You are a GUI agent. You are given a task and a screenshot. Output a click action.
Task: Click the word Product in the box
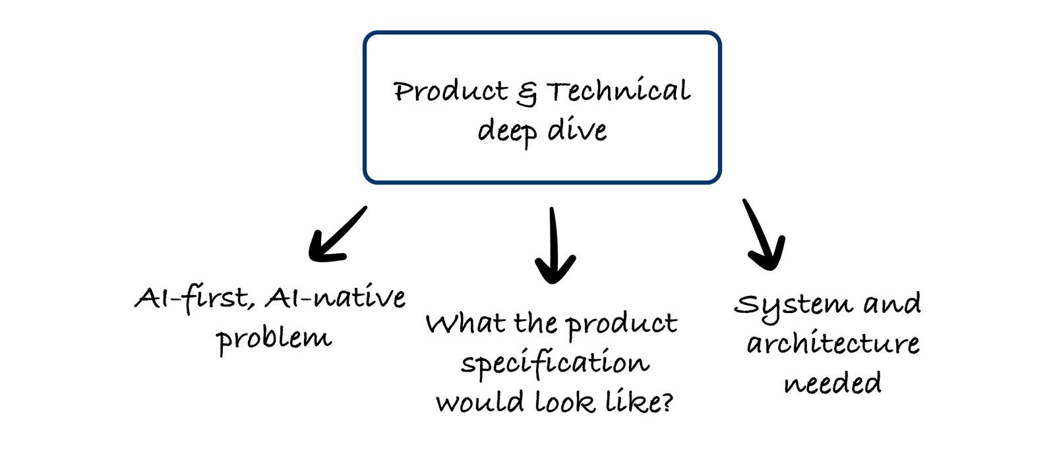[x=450, y=91]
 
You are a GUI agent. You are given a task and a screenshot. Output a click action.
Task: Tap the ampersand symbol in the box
[x=526, y=94]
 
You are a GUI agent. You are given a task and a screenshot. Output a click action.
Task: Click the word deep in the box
[x=506, y=130]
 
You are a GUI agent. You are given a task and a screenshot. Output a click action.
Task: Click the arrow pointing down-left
[x=336, y=235]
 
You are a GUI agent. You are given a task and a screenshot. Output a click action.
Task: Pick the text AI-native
[x=335, y=298]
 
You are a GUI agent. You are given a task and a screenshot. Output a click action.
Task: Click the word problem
[x=274, y=339]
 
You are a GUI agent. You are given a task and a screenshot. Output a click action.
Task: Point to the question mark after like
[x=667, y=401]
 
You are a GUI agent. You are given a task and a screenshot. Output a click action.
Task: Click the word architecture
[x=833, y=343]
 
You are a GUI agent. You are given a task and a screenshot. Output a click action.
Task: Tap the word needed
[x=832, y=383]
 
